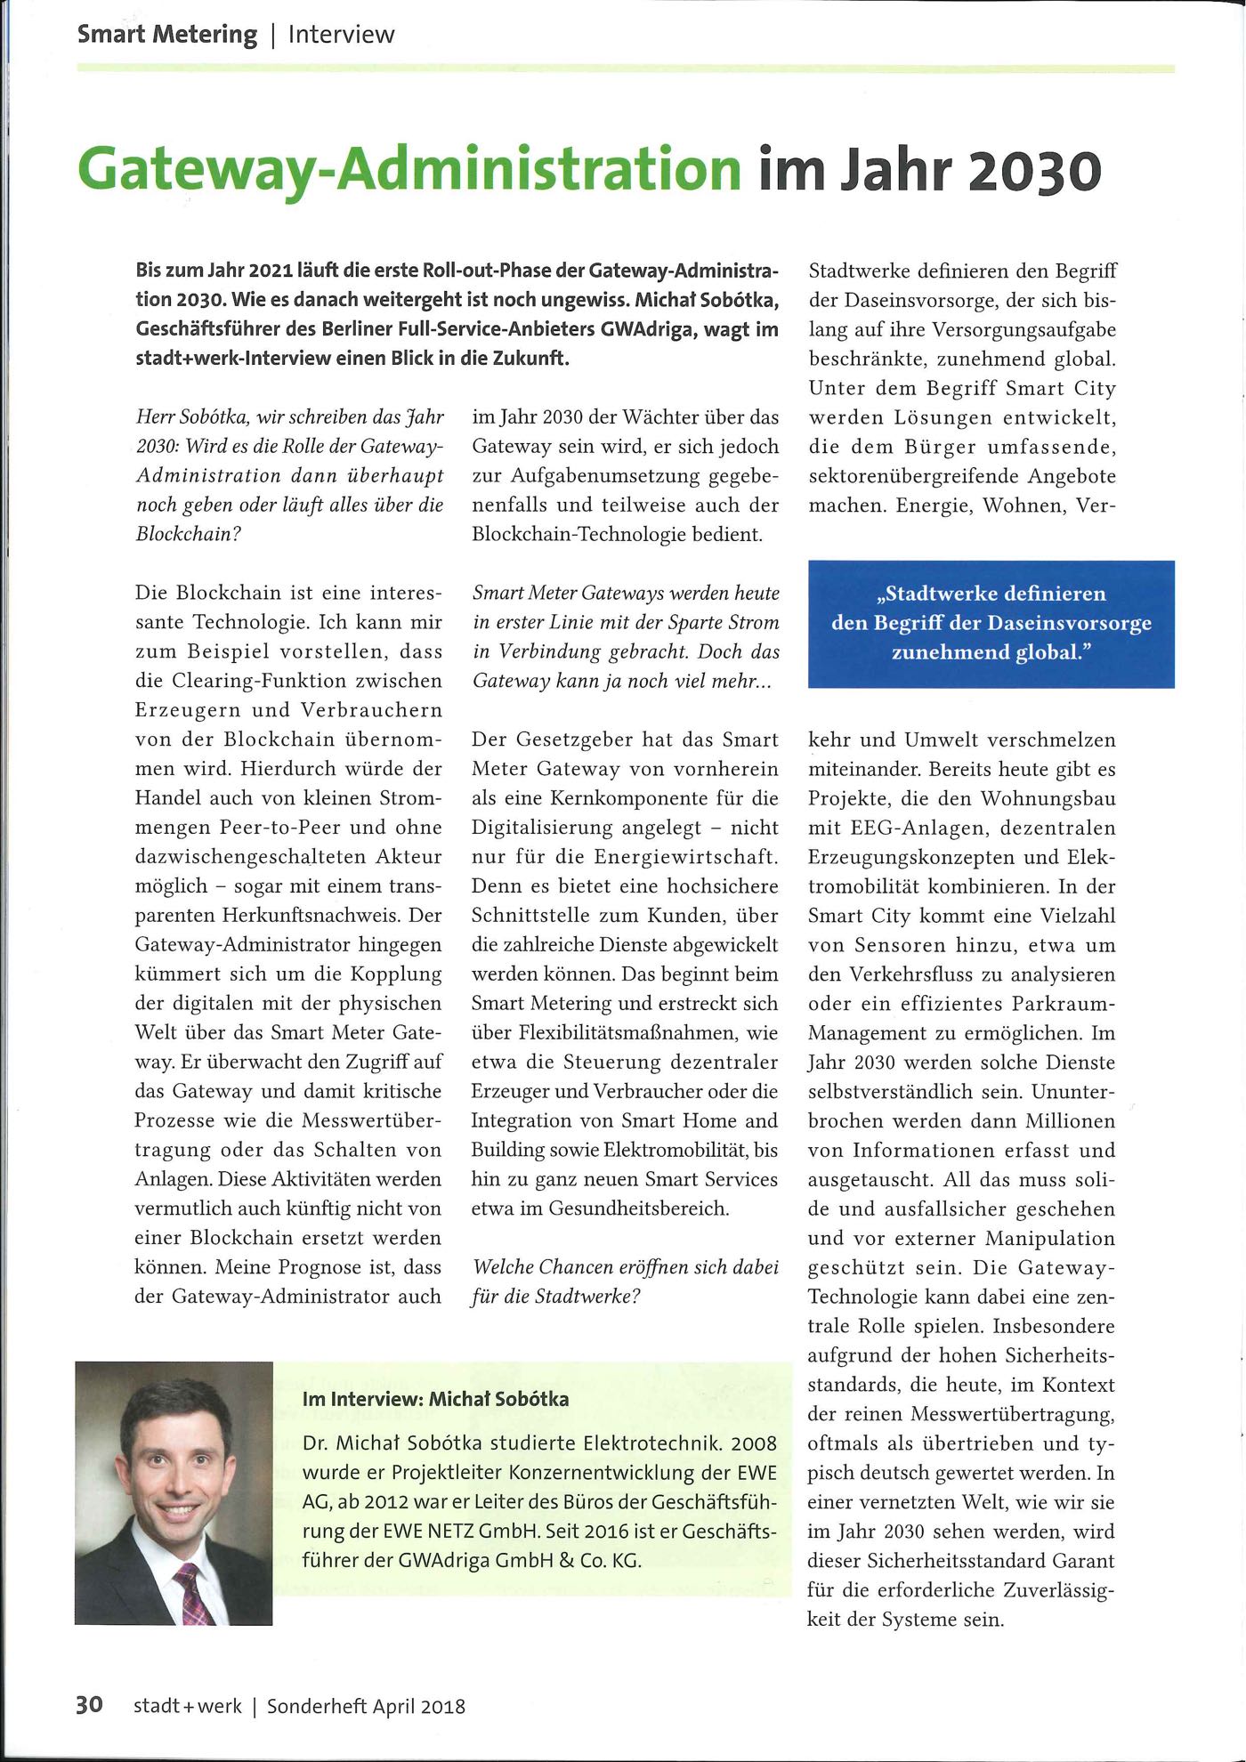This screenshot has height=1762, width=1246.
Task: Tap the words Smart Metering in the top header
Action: pyautogui.click(x=166, y=35)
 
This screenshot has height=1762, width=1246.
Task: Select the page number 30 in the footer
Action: pyautogui.click(x=89, y=1704)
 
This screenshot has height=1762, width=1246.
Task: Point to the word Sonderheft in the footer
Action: pyautogui.click(x=317, y=1706)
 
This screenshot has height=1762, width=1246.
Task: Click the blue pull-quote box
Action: pyautogui.click(x=991, y=623)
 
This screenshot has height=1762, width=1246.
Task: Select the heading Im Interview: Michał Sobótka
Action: pyautogui.click(x=435, y=1398)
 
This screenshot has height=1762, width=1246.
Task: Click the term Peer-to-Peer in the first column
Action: pyautogui.click(x=280, y=827)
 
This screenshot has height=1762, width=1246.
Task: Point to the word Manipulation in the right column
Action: pyautogui.click(x=1050, y=1238)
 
